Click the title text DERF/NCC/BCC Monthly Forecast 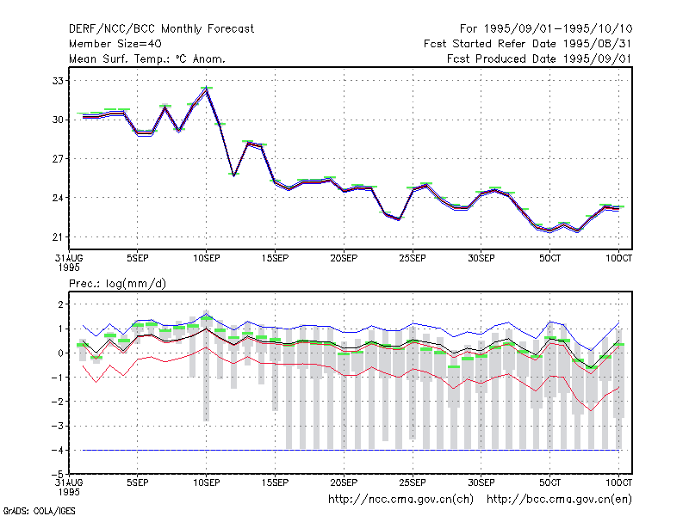click(x=161, y=29)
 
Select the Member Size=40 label click(x=115, y=44)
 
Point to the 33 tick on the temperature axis click(x=58, y=81)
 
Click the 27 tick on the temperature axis click(x=58, y=159)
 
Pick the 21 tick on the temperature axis click(x=58, y=237)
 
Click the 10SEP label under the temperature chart click(x=207, y=259)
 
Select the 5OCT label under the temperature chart click(x=550, y=259)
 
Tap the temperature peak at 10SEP click(x=207, y=89)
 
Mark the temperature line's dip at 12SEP click(x=233, y=175)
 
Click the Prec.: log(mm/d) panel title click(x=117, y=284)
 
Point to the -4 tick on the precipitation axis click(x=57, y=451)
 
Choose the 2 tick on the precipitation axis click(x=60, y=304)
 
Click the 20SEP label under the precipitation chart click(x=344, y=482)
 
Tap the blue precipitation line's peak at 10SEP click(x=207, y=314)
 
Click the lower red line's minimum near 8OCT click(x=592, y=411)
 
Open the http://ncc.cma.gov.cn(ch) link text click(x=400, y=500)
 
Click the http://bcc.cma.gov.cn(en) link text click(x=559, y=500)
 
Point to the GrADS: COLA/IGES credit click(x=39, y=511)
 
